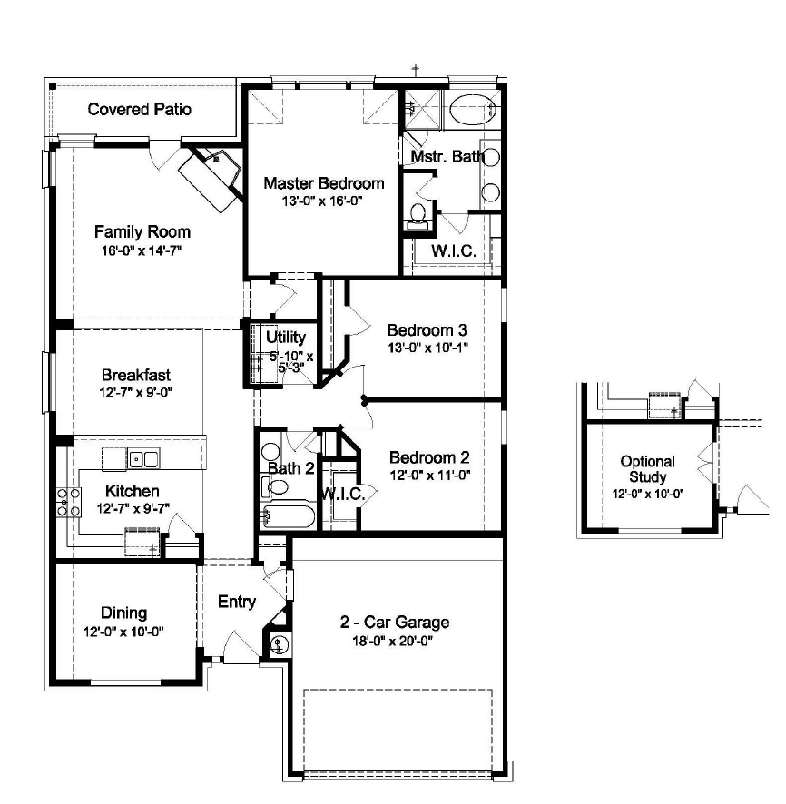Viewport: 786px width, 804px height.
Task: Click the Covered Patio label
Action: (x=140, y=110)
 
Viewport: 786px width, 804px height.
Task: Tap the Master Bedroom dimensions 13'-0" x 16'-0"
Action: (x=322, y=201)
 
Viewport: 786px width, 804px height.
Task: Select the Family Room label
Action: (x=142, y=232)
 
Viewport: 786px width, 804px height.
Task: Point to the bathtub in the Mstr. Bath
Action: (x=472, y=109)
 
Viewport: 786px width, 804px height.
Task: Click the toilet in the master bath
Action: (x=418, y=214)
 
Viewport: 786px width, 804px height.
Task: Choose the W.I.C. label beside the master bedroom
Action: (x=453, y=251)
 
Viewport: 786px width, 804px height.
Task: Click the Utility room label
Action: (x=286, y=338)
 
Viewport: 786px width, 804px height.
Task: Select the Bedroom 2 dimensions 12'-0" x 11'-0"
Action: (x=429, y=475)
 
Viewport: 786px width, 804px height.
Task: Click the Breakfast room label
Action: (x=136, y=375)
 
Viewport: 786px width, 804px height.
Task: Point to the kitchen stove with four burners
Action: (x=69, y=502)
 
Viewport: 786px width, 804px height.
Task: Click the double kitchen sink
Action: (x=142, y=459)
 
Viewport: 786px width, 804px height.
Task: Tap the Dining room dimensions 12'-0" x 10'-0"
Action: (x=123, y=631)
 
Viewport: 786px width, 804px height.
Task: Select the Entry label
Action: (x=237, y=602)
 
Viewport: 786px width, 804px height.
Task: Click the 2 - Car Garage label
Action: (x=395, y=623)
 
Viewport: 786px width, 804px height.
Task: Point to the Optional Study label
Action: (x=648, y=469)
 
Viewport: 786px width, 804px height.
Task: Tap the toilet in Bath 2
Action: (x=278, y=485)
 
